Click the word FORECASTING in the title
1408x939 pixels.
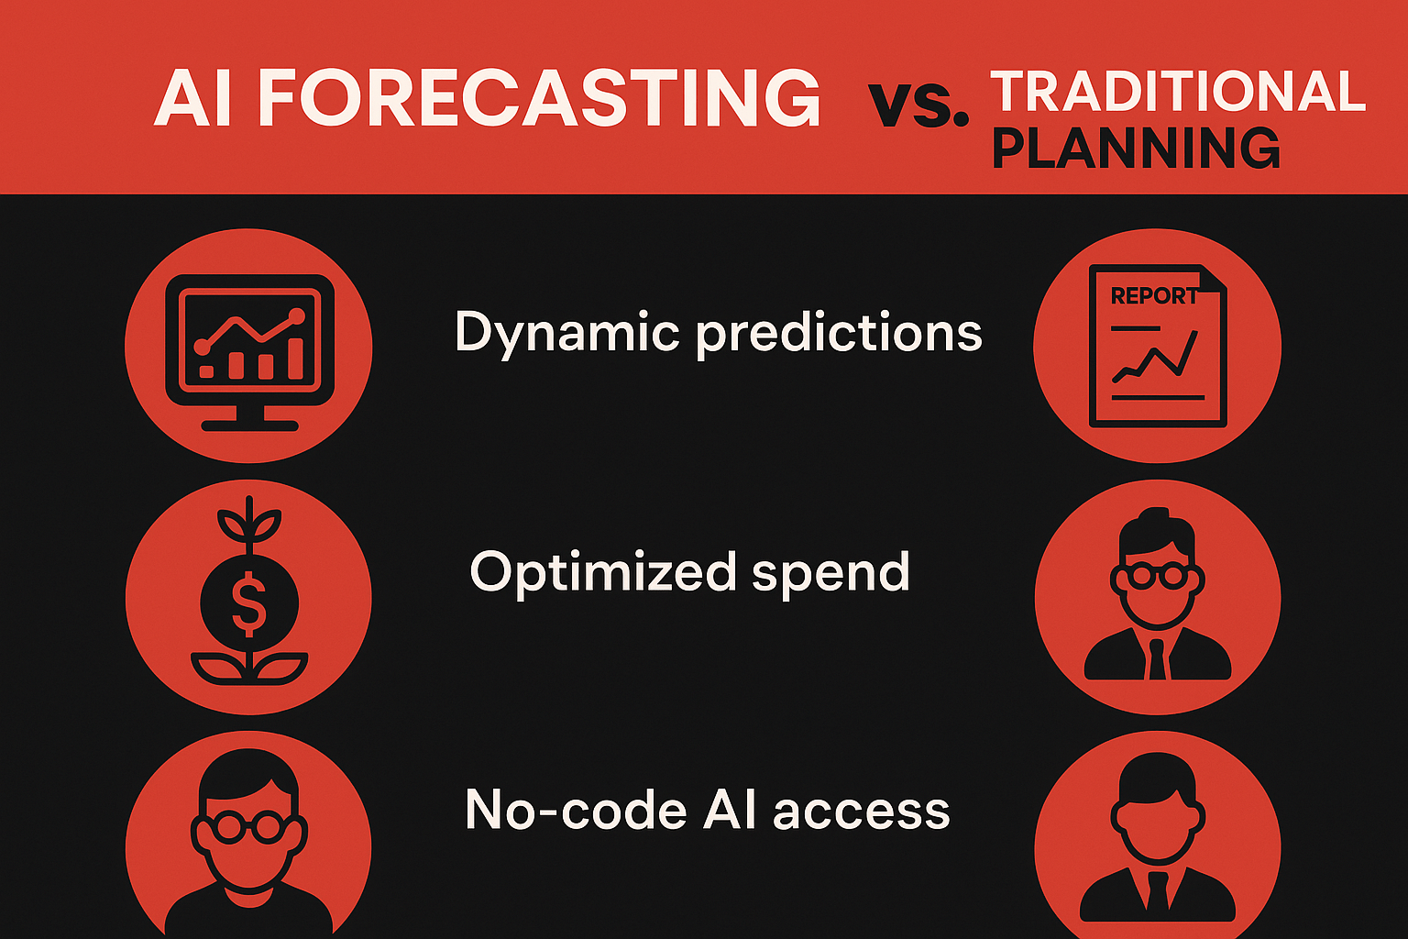click(539, 98)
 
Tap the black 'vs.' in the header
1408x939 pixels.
click(918, 105)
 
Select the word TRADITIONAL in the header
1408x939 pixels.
click(1178, 91)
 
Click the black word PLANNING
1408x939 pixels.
click(1136, 148)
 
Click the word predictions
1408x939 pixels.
click(839, 334)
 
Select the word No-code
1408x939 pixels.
click(576, 810)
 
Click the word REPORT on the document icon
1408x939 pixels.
click(1154, 295)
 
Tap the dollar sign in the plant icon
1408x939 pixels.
click(249, 603)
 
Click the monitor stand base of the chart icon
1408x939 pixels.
click(249, 425)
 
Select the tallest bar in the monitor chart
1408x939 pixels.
click(295, 359)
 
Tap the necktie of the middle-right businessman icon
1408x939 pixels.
click(1157, 658)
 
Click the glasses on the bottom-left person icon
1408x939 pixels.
click(249, 826)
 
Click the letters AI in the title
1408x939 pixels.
click(193, 99)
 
